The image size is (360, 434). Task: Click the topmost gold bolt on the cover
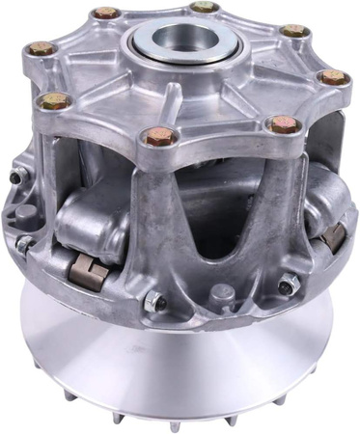204,8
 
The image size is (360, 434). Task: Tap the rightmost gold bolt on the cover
335,77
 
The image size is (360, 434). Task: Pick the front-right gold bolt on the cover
283,123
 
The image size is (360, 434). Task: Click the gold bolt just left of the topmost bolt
105,14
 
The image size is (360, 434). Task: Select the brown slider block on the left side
87,271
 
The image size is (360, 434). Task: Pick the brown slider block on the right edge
334,235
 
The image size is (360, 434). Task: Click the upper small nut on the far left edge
18,176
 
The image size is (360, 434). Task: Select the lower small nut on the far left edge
23,244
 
